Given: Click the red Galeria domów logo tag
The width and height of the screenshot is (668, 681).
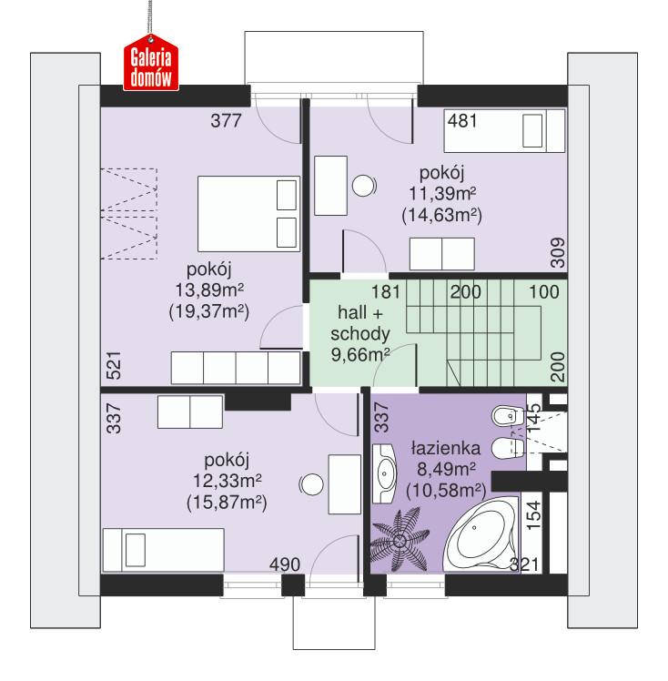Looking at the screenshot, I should click(152, 66).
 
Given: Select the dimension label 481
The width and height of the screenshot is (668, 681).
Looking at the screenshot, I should click(462, 119).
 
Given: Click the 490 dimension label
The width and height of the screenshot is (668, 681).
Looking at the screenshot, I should click(285, 565).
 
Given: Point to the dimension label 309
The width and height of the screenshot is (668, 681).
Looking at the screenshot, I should click(557, 249).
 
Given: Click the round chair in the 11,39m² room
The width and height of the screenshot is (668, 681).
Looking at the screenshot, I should click(366, 185).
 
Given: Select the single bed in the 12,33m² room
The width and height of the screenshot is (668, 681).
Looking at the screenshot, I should click(164, 550).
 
